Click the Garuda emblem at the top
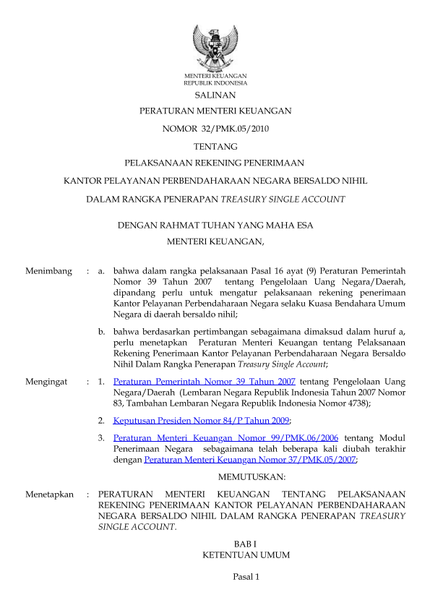click(215, 47)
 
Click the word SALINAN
click(215, 95)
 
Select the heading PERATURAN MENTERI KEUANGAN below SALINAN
click(215, 111)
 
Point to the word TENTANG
click(215, 147)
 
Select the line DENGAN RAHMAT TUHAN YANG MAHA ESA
click(215, 226)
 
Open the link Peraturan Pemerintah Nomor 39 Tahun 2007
click(205, 380)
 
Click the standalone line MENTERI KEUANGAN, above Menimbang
click(215, 242)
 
